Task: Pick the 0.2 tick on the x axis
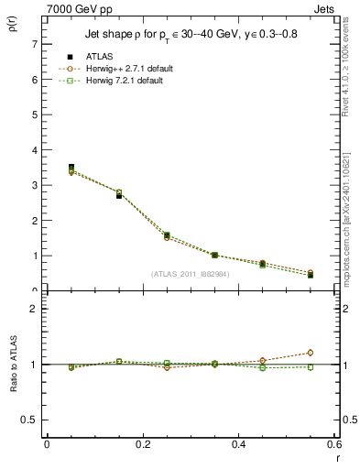pyautogui.click(x=142, y=445)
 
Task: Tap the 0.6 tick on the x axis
pyautogui.click(x=333, y=445)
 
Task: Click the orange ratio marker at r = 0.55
pyautogui.click(x=311, y=353)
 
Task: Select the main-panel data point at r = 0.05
pyautogui.click(x=71, y=168)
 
